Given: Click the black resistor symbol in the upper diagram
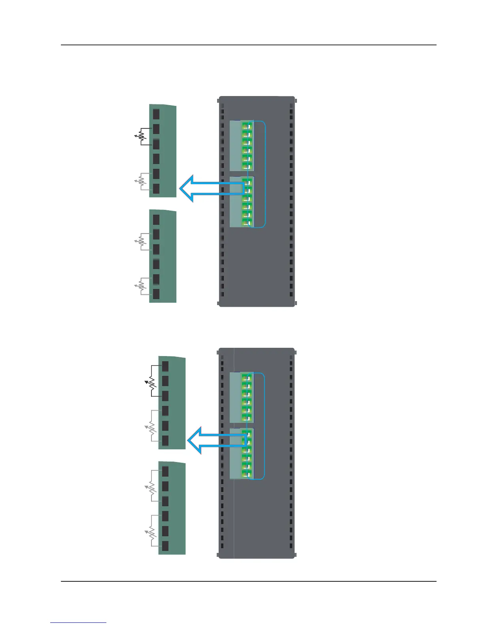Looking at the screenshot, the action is pyautogui.click(x=141, y=137).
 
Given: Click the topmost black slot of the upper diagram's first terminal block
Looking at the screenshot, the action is pyautogui.click(x=156, y=114).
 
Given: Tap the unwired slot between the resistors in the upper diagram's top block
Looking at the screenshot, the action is pyautogui.click(x=156, y=159).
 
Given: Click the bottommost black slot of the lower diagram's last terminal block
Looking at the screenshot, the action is pyautogui.click(x=165, y=546).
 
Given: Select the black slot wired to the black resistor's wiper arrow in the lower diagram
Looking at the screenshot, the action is pyautogui.click(x=165, y=381).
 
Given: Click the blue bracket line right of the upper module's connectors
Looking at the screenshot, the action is pyautogui.click(x=265, y=174).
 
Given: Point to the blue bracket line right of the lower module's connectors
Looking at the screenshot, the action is pyautogui.click(x=264, y=426).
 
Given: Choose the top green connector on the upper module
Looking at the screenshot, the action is pyautogui.click(x=247, y=126).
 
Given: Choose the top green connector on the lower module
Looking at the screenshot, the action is pyautogui.click(x=247, y=377).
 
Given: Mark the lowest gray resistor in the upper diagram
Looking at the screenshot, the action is pyautogui.click(x=141, y=287).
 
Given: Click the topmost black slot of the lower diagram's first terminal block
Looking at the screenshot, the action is pyautogui.click(x=165, y=366).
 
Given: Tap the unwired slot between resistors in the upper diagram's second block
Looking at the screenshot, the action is pyautogui.click(x=156, y=264).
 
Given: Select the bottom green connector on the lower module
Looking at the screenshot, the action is pyautogui.click(x=247, y=473).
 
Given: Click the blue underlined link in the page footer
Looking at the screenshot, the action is pyautogui.click(x=78, y=623).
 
